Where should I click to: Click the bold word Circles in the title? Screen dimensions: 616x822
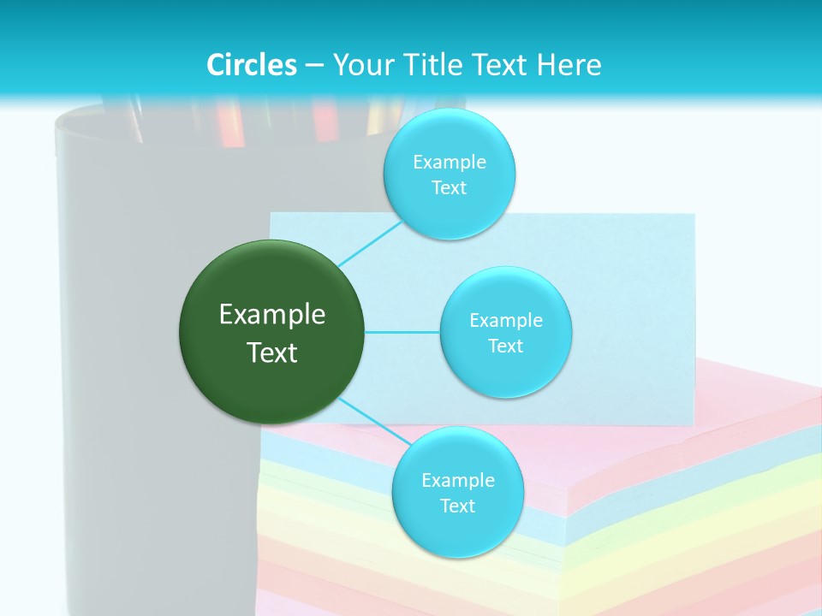252,65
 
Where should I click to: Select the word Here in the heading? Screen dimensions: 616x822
569,65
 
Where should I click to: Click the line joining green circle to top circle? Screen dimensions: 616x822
370,244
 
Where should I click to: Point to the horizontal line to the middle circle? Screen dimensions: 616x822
402,331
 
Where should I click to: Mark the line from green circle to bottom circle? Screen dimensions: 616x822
373,421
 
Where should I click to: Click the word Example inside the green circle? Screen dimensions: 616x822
272,315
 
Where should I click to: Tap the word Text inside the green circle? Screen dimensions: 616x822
272,352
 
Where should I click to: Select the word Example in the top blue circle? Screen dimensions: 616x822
450,163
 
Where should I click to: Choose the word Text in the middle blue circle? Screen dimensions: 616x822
505,346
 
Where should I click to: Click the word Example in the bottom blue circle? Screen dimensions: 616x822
458,481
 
